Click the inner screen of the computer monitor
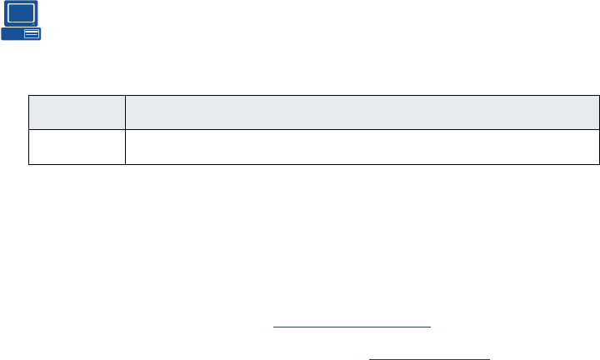[21, 13]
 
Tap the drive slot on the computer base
[32, 34]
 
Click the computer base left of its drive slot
[12, 34]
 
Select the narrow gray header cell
[77, 112]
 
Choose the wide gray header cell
[362, 112]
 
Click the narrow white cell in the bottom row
[77, 147]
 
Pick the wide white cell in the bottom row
[362, 147]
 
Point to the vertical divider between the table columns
[125, 129]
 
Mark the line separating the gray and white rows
[314, 129]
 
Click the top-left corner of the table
[29, 95]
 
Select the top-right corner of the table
[599, 95]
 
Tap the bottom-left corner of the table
[29, 164]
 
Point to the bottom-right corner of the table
[599, 164]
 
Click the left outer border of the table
[29, 129]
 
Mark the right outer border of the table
[599, 129]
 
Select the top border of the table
[314, 95]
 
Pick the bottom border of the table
[314, 164]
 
